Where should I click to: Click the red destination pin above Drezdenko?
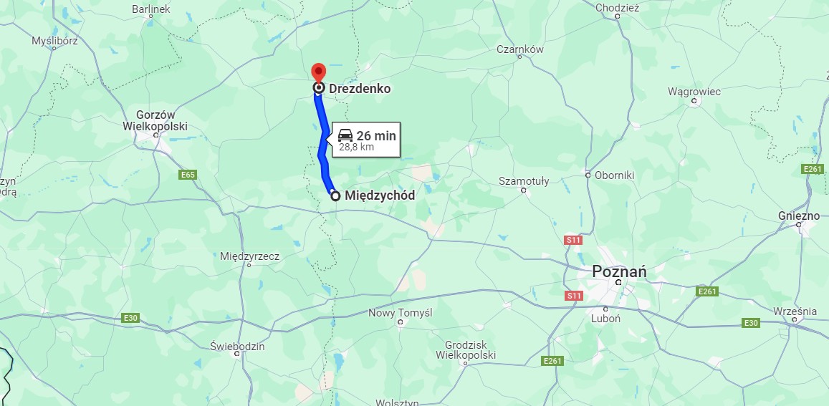[318, 72]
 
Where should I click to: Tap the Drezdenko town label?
[360, 89]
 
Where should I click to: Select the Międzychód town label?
[380, 195]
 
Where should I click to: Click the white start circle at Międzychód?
[335, 195]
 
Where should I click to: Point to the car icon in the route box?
[345, 135]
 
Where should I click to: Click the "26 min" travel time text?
[376, 136]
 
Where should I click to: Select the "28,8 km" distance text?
[356, 148]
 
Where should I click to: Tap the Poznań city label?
[619, 271]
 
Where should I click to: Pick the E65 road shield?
[188, 175]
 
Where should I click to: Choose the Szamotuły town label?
[524, 181]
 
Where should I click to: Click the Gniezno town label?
[799, 216]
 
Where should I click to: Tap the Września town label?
[795, 311]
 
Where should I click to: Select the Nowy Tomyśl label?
[400, 313]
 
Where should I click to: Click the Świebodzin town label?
[237, 346]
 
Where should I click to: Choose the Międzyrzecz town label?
[249, 256]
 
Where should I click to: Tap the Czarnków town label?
[520, 49]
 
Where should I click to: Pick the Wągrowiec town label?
[694, 92]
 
